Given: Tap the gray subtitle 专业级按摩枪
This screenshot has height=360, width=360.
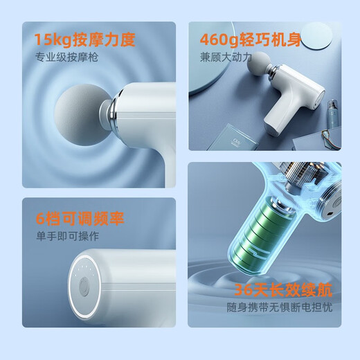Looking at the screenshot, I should click(66, 57).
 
